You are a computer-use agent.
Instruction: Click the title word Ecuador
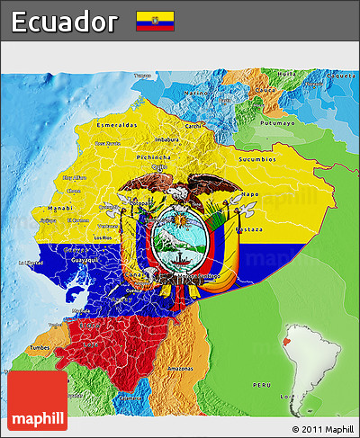(x=66, y=21)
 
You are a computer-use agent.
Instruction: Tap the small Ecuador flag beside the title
(x=155, y=21)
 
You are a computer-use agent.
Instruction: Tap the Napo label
(x=250, y=193)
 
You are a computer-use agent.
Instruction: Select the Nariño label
(x=195, y=93)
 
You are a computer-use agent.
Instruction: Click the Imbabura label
(x=166, y=139)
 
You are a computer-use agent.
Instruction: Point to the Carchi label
(x=193, y=126)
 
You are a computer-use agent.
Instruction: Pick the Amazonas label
(x=181, y=370)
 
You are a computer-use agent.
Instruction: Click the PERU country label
(x=261, y=384)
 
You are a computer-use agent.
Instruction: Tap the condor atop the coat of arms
(x=184, y=190)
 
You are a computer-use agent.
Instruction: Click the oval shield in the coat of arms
(x=180, y=241)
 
